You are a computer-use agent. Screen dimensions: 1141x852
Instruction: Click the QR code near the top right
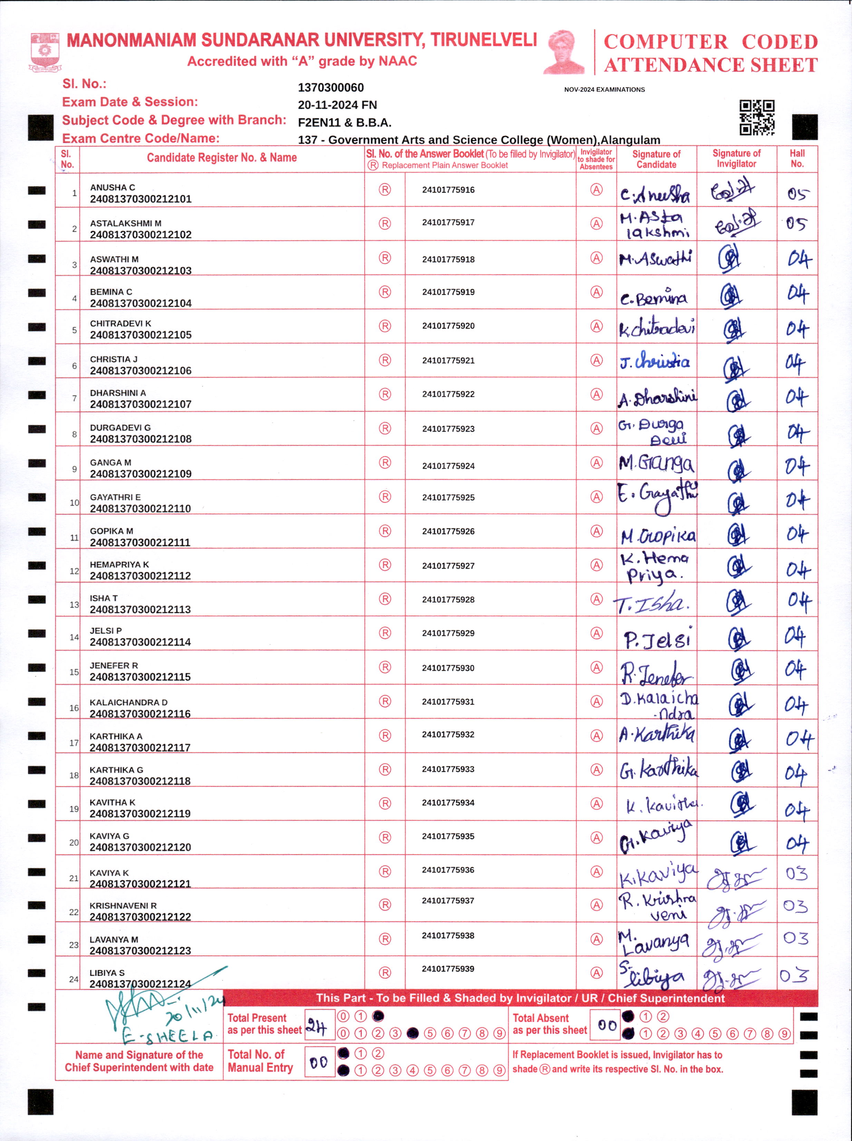pos(757,118)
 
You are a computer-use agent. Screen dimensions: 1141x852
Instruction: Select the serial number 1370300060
pos(331,88)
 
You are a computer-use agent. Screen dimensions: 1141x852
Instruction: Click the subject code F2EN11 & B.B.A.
pos(345,123)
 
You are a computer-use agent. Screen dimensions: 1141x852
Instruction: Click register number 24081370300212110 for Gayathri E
pos(140,509)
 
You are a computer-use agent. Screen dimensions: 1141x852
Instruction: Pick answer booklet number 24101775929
pos(448,633)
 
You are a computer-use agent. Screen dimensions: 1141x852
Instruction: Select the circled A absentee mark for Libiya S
pos(596,973)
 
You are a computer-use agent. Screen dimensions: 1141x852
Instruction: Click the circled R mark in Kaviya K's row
pos(385,871)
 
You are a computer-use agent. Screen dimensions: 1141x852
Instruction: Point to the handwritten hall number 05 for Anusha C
pos(797,194)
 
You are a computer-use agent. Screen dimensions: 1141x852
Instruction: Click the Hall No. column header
pos(797,159)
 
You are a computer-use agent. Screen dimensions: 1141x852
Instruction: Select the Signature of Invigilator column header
pos(736,159)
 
